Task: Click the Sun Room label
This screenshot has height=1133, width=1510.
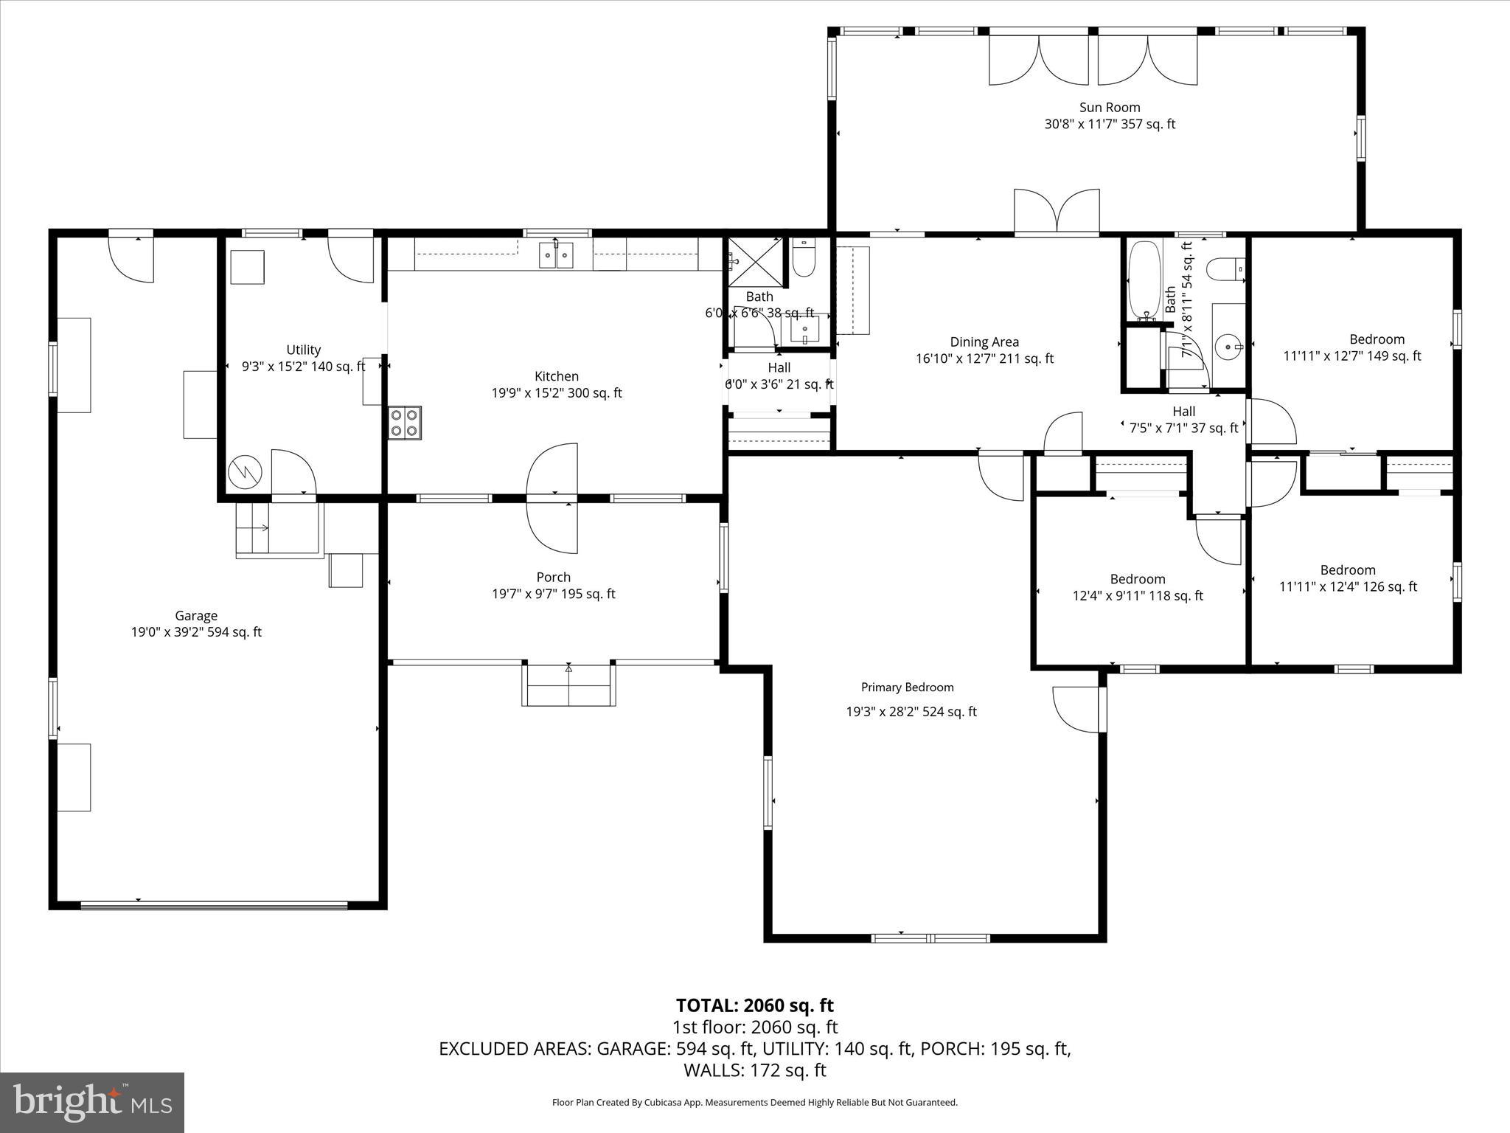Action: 1110,108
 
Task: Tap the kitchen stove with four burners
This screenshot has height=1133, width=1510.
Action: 405,423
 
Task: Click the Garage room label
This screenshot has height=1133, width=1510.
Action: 196,616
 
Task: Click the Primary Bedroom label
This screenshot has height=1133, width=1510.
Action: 907,687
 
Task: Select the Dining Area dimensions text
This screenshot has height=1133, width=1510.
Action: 984,359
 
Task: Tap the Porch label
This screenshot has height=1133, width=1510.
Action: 553,578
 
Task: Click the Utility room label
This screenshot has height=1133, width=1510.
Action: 303,350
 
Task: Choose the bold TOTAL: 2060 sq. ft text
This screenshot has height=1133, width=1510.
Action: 754,1005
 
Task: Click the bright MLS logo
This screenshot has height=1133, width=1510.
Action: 92,1102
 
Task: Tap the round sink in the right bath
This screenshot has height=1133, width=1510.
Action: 1228,344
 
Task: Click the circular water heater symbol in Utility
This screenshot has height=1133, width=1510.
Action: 244,471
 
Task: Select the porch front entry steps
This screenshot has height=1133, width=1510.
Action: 568,686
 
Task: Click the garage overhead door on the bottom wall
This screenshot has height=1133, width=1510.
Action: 214,904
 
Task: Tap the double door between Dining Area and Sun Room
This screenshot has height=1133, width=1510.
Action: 1057,212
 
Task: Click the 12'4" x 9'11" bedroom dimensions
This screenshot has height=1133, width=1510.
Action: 1137,596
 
